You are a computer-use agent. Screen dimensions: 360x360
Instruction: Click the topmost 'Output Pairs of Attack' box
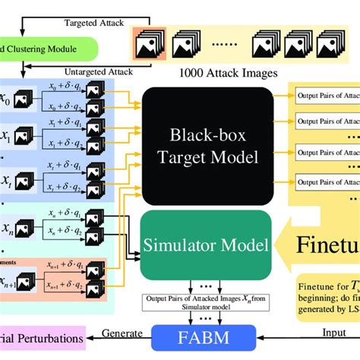pos(326,98)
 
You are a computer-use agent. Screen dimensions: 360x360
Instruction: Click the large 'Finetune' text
pos(327,246)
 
